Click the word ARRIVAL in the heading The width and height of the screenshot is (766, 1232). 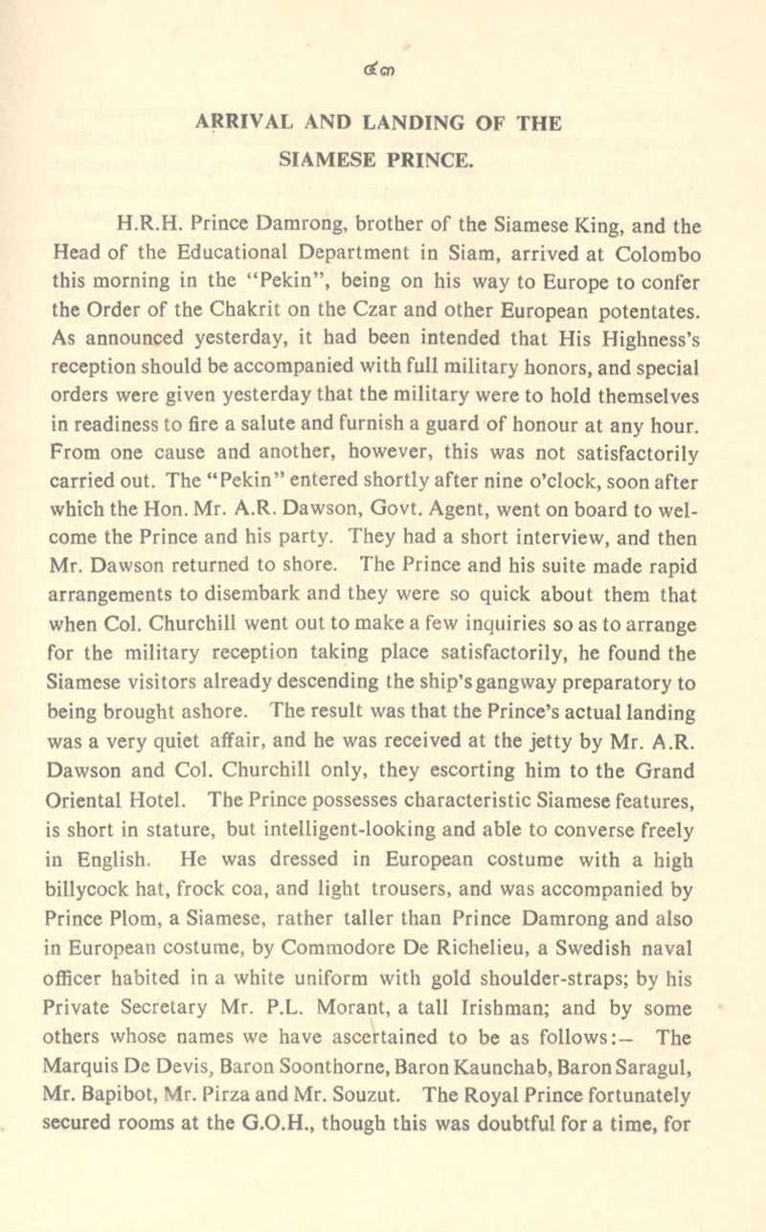coord(234,123)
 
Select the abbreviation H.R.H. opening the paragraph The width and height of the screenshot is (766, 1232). coord(145,228)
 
